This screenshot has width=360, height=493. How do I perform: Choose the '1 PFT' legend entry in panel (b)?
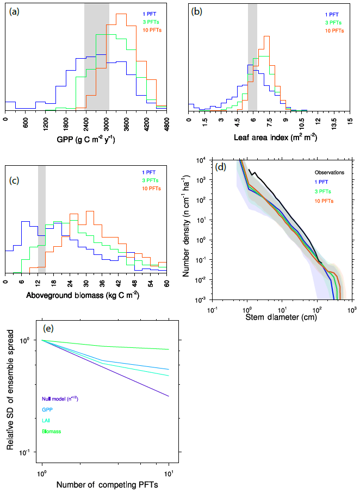click(x=332, y=15)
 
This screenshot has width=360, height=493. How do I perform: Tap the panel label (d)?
click(x=221, y=167)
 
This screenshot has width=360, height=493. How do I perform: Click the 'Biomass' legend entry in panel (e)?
click(x=52, y=432)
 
